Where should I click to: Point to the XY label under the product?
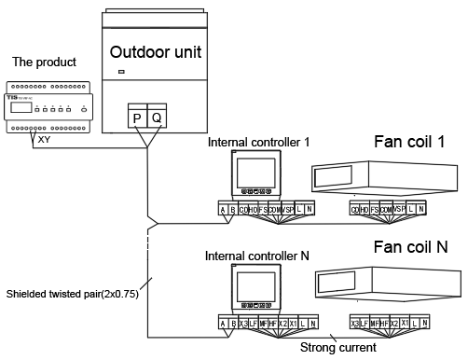[x=44, y=139]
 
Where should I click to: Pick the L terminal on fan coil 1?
[x=410, y=210]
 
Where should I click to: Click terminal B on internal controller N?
[x=232, y=323]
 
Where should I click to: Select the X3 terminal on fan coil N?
[x=354, y=323]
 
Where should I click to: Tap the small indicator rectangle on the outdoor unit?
[x=121, y=73]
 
